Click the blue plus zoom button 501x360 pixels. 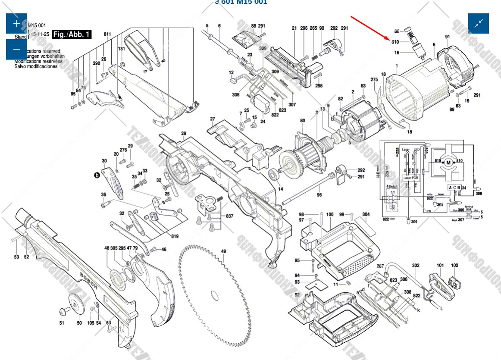(16, 24)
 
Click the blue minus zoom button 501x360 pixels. (16, 49)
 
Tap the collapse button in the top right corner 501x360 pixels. (479, 24)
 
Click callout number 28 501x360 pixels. (184, 134)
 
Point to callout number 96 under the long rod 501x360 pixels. (319, 195)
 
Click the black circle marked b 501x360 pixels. (97, 175)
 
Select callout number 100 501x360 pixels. (330, 214)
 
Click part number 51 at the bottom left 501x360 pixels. (62, 323)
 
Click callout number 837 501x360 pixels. (230, 216)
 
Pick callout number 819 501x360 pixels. (175, 236)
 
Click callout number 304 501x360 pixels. (366, 214)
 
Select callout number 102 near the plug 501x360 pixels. (454, 266)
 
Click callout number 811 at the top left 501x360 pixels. (107, 34)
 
